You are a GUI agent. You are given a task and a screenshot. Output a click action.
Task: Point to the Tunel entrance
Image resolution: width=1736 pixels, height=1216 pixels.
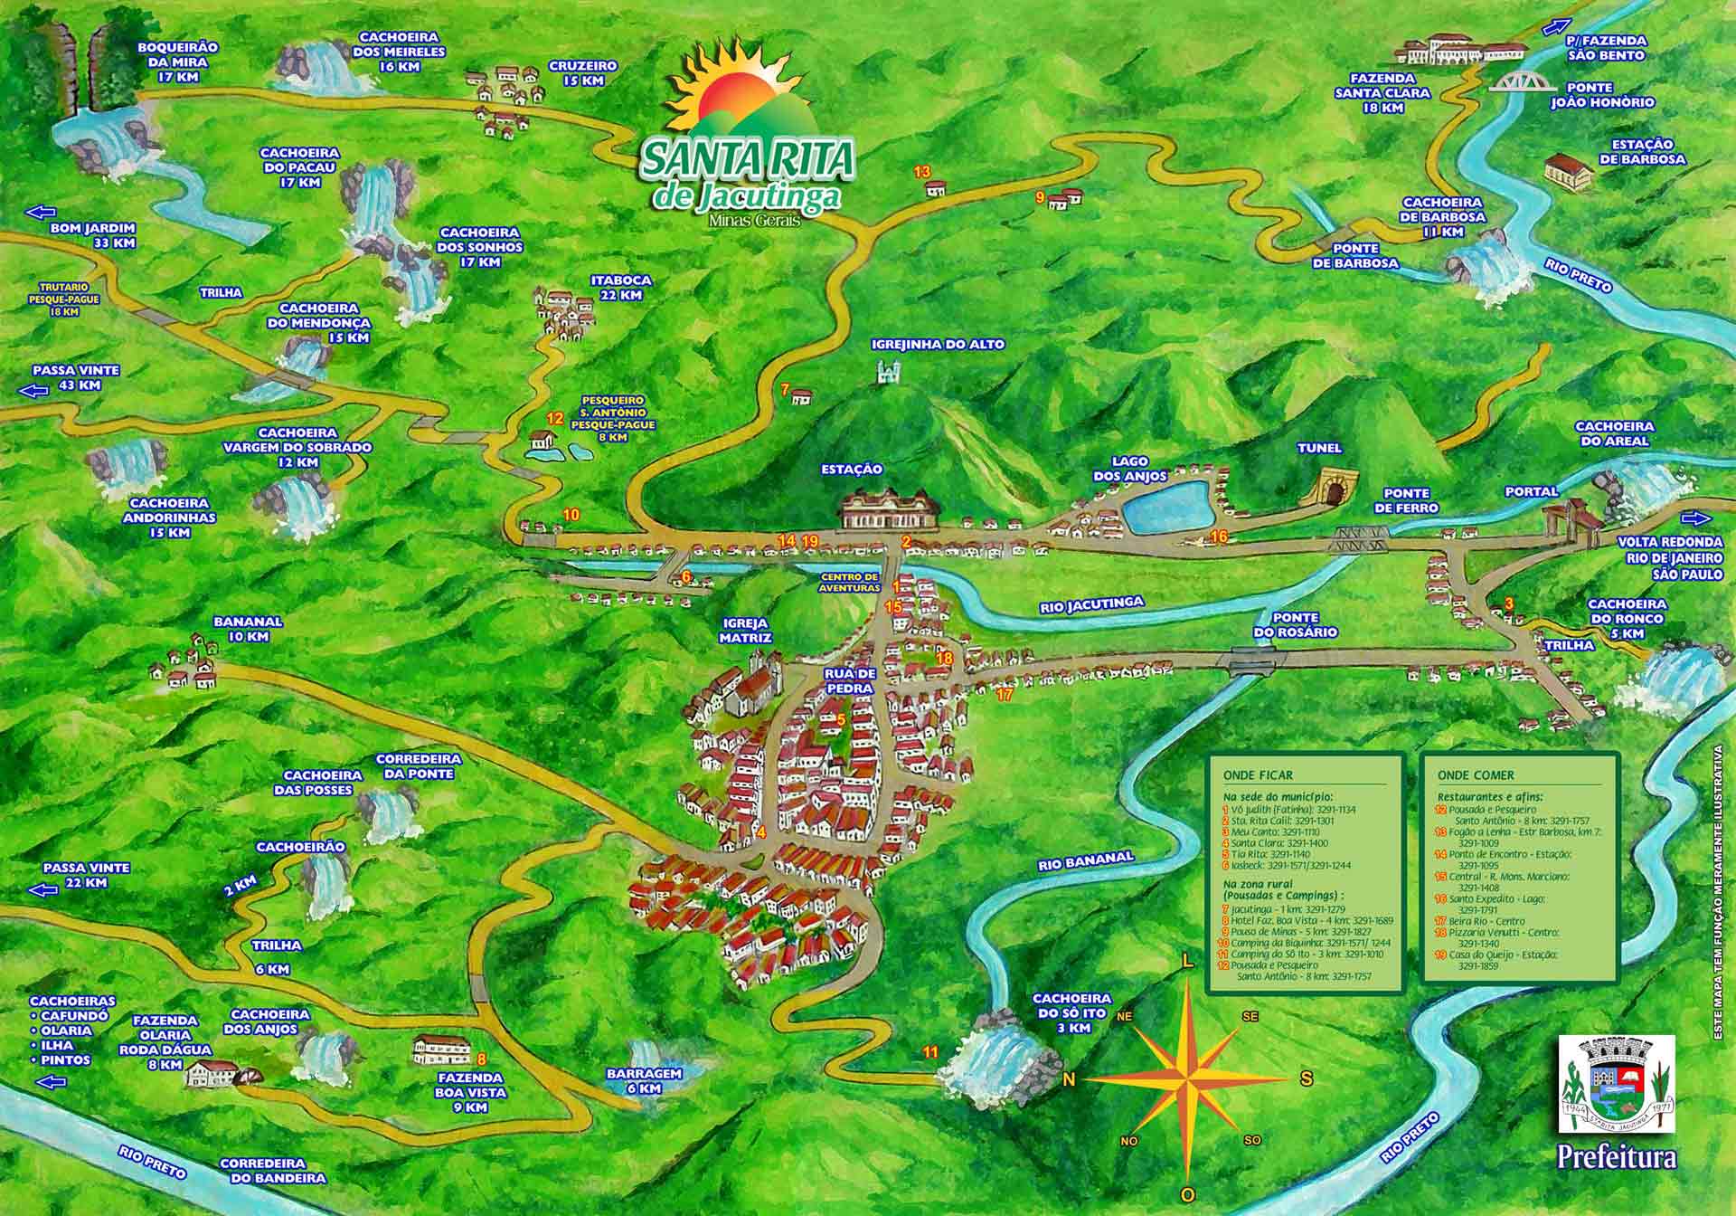click(x=1333, y=489)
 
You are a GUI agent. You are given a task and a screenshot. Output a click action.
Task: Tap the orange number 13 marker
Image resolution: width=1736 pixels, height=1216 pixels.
click(x=922, y=171)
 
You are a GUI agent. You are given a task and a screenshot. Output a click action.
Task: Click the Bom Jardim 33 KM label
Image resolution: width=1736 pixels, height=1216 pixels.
click(x=93, y=235)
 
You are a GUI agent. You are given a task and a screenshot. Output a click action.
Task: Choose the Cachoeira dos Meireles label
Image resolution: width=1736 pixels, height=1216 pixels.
click(x=399, y=45)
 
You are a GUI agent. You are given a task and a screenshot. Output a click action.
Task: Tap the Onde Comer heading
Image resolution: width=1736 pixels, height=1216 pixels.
click(x=1475, y=775)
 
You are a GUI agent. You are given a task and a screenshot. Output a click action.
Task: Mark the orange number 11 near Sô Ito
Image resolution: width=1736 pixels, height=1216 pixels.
click(x=930, y=1051)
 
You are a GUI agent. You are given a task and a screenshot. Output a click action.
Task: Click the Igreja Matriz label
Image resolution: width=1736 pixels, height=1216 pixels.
click(x=746, y=631)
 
